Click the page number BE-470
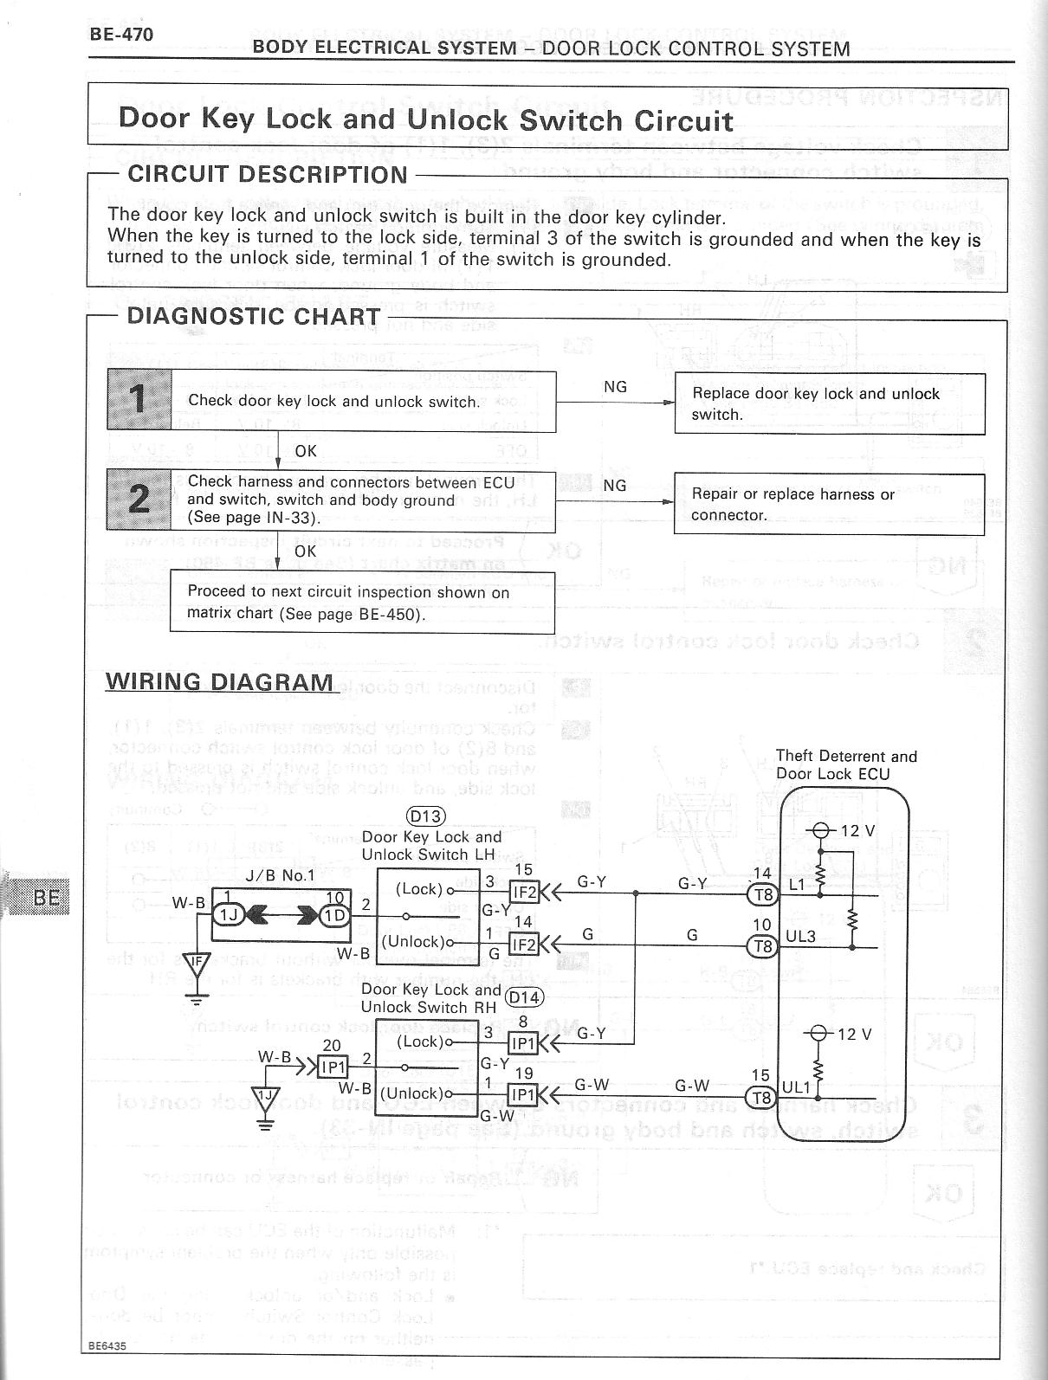tap(121, 35)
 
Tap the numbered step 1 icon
tap(139, 399)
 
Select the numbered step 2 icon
tap(139, 500)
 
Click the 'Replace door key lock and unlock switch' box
tap(829, 403)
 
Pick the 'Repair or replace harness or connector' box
tap(829, 504)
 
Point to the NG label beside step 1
tap(615, 387)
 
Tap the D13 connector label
tap(424, 816)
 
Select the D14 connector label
tap(523, 996)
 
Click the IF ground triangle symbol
tap(198, 962)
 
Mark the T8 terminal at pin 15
tap(762, 1098)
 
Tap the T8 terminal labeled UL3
tap(762, 946)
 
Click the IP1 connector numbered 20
tap(333, 1067)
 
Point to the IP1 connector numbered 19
tap(523, 1094)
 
